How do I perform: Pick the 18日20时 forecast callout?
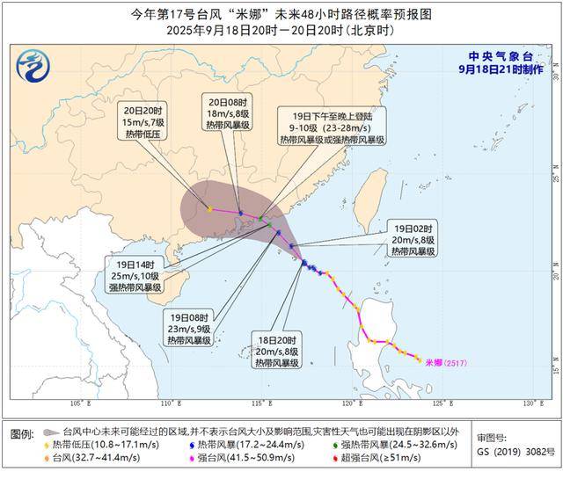pyautogui.click(x=276, y=350)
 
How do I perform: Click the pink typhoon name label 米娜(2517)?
pyautogui.click(x=445, y=361)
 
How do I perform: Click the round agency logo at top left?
pyautogui.click(x=33, y=64)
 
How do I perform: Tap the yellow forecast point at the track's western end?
pyautogui.click(x=209, y=209)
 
